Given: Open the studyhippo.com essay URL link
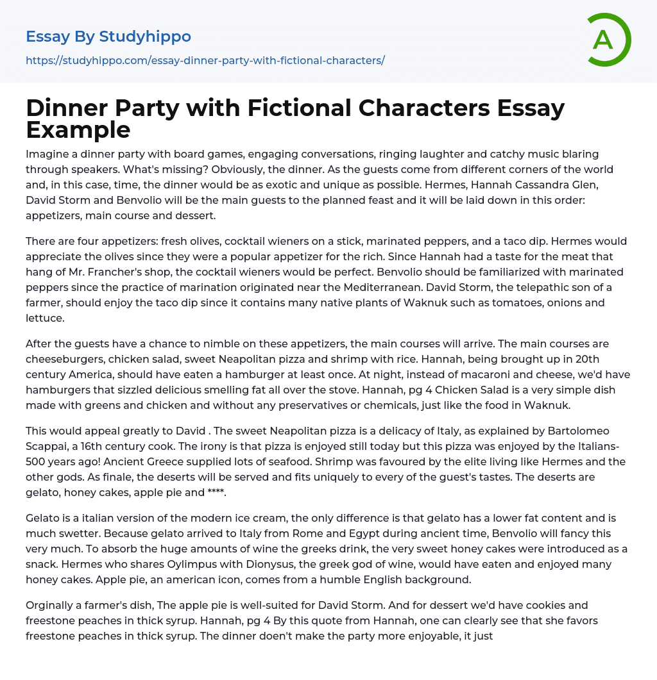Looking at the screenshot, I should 205,60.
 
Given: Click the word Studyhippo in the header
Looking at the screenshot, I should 145,37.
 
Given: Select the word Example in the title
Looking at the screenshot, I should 78,129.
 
